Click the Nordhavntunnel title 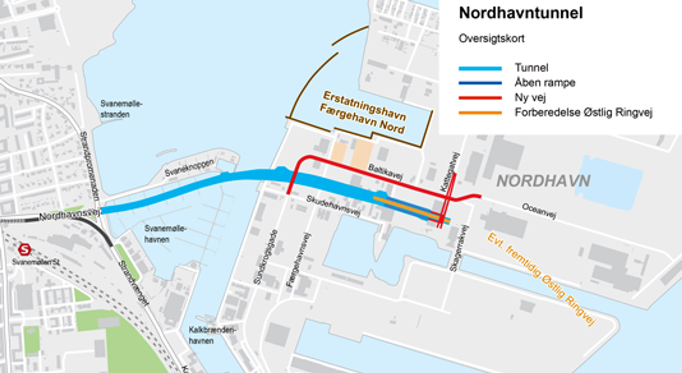pyautogui.click(x=521, y=13)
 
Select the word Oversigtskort pyautogui.click(x=491, y=39)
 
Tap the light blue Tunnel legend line pyautogui.click(x=480, y=69)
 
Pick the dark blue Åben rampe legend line pyautogui.click(x=480, y=83)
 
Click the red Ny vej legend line pyautogui.click(x=480, y=98)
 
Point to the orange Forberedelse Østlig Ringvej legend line pyautogui.click(x=480, y=113)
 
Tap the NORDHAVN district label pyautogui.click(x=543, y=181)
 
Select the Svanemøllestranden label pyautogui.click(x=121, y=109)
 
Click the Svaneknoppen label pyautogui.click(x=189, y=168)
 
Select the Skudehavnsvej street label pyautogui.click(x=333, y=206)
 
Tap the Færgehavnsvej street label pyautogui.click(x=299, y=260)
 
